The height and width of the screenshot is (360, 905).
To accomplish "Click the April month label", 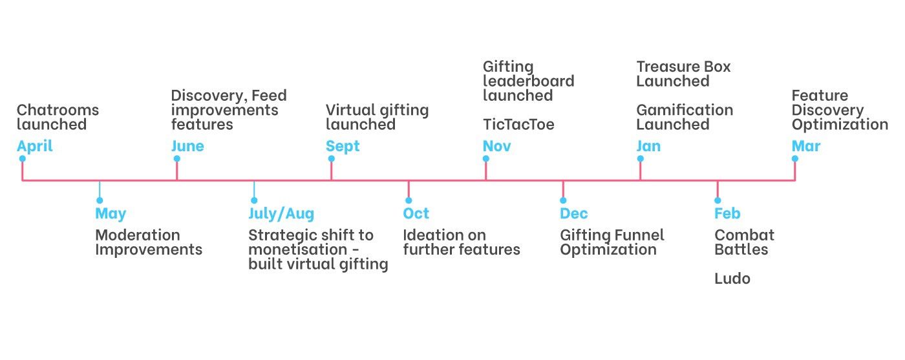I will coord(35,146).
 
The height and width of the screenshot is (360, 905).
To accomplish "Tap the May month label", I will coord(111,213).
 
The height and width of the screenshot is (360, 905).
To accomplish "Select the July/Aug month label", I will coord(281,213).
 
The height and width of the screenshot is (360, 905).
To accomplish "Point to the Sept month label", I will coord(343,146).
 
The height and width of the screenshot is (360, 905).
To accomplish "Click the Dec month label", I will coord(574,213).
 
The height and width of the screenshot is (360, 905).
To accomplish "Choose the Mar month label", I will coord(806,146).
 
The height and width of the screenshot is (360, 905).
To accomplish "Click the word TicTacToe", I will coord(518,125).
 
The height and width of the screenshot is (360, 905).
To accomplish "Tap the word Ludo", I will coord(732,279).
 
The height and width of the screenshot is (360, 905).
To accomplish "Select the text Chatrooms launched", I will coord(58,117).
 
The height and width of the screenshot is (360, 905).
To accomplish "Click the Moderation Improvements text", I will coord(148,242).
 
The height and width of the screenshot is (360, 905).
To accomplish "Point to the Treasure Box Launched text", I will coord(683,74).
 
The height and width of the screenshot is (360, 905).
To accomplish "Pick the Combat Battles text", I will coord(744,242).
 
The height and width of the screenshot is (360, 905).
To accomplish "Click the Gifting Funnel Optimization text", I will coord(612,242).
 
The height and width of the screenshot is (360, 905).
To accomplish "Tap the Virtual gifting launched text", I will coord(377,117).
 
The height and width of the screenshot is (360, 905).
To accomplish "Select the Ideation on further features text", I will coord(462,242).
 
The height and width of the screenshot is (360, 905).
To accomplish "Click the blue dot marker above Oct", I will coord(409,201).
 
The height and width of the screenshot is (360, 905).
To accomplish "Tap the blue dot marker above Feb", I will coord(718,201).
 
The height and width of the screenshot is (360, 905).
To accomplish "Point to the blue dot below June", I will coord(176,159).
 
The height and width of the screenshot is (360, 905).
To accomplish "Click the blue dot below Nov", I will coord(485,159).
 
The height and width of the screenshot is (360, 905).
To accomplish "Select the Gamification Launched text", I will coord(685,117).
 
